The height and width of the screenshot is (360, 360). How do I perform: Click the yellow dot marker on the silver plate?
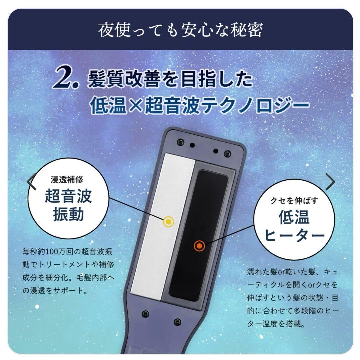(x=169, y=222)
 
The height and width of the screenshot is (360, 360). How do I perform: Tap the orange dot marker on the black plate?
(x=199, y=246)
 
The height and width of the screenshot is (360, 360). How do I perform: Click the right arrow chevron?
(x=330, y=182)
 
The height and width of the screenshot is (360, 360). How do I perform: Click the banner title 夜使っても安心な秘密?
(x=180, y=30)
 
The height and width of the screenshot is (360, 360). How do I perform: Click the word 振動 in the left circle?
(x=68, y=215)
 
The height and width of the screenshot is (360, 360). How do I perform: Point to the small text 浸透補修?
(x=67, y=180)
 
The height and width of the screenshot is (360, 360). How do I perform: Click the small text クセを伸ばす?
(x=294, y=200)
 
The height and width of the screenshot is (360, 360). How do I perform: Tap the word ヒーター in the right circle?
(x=294, y=236)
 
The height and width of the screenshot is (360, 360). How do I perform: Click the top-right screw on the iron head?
(x=227, y=154)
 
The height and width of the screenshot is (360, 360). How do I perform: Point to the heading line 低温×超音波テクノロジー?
(x=199, y=105)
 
